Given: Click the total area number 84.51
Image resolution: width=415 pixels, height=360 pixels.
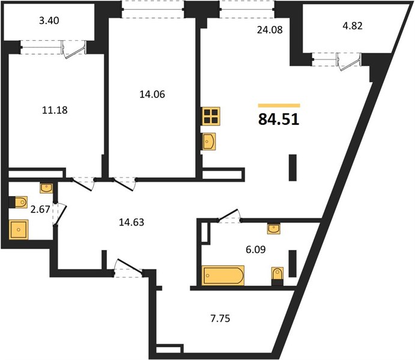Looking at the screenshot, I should tap(279, 119).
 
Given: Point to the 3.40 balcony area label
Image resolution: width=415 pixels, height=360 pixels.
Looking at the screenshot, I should tap(49, 21).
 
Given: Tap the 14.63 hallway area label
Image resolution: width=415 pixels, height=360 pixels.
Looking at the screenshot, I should tap(132, 222).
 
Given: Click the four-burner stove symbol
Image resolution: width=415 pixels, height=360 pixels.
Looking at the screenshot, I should tap(211, 116).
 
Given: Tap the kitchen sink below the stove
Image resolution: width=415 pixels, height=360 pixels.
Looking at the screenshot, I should tap(211, 142).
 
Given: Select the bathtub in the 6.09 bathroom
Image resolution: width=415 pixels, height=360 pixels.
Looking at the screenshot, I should tap(223, 275).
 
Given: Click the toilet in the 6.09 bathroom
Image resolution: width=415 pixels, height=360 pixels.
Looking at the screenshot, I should tap(277, 274).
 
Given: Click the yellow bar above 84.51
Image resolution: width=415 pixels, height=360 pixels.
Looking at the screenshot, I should tap(279, 105).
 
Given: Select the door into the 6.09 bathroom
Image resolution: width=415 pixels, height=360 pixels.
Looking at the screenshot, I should tap(230, 216).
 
